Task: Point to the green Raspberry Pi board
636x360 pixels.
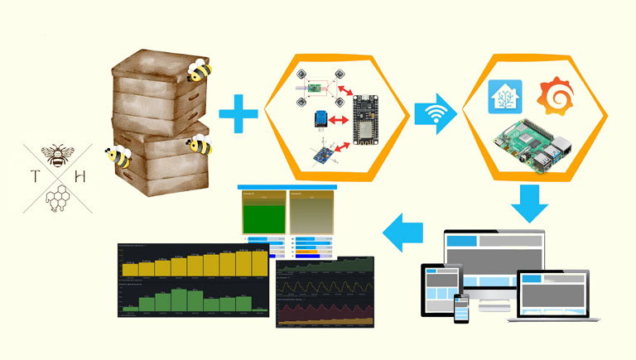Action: (x=529, y=143)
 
